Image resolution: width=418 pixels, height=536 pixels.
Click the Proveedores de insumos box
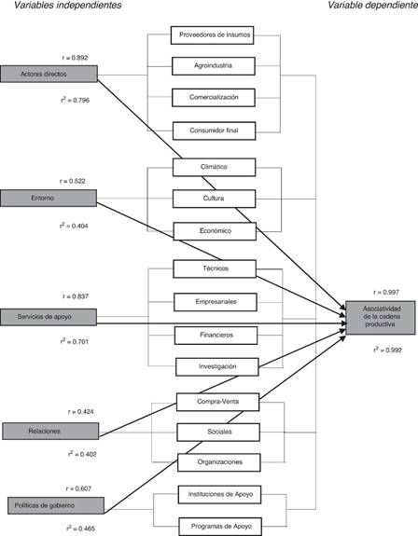click(x=212, y=35)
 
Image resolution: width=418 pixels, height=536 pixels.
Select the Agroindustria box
click(x=214, y=66)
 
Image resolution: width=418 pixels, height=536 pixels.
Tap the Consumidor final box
click(x=214, y=131)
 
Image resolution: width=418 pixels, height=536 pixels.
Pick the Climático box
click(x=214, y=167)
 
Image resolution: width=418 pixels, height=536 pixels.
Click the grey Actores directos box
click(x=49, y=74)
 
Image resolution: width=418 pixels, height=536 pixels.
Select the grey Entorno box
click(x=49, y=199)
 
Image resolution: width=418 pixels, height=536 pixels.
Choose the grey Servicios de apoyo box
click(x=49, y=317)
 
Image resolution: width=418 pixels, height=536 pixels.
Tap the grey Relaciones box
click(x=50, y=431)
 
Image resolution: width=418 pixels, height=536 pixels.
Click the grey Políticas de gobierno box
click(x=56, y=505)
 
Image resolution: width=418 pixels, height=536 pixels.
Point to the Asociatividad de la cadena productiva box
click(x=381, y=318)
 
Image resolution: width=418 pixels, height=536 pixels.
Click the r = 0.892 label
click(x=75, y=58)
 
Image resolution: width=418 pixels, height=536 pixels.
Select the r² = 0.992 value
click(x=387, y=350)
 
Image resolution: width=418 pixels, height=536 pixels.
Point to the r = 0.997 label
click(x=386, y=293)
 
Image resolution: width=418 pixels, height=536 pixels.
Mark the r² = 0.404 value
click(x=74, y=226)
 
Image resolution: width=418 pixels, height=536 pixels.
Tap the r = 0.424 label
click(x=81, y=412)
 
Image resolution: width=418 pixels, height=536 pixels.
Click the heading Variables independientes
click(x=68, y=6)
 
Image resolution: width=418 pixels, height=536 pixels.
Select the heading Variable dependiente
click(x=373, y=6)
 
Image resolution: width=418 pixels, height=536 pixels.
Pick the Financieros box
click(x=216, y=336)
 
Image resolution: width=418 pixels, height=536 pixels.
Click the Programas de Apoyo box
click(x=220, y=527)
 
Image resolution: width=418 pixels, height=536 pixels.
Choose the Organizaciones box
click(x=219, y=462)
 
